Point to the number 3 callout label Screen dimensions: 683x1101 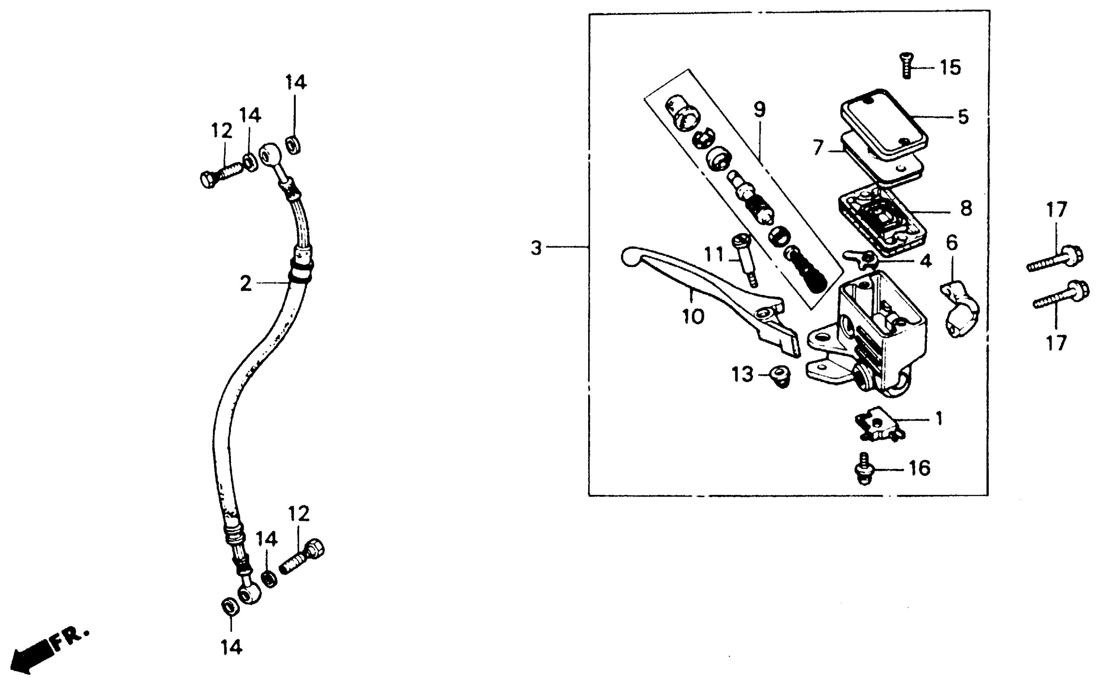(536, 248)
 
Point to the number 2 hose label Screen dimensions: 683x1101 (246, 284)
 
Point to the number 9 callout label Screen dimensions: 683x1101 (759, 109)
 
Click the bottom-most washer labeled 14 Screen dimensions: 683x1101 (230, 606)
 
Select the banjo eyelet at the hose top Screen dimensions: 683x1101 (270, 155)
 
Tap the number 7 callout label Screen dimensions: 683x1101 (818, 148)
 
